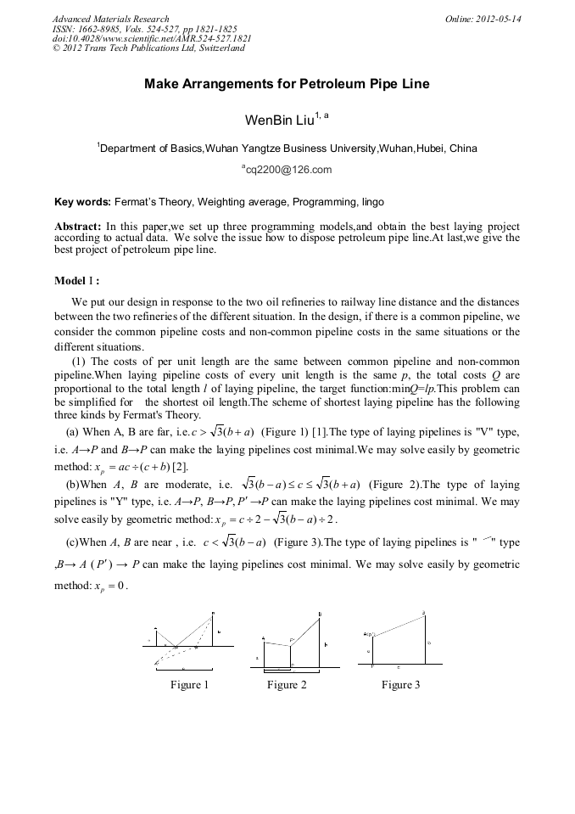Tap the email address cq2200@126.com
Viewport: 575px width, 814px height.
288,170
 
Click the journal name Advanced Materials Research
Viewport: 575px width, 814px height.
110,19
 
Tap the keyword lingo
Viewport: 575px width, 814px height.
371,202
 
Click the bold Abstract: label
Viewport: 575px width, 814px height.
78,227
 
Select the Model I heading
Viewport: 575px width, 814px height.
76,281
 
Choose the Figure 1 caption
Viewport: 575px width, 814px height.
188,685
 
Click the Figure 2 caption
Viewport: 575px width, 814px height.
287,685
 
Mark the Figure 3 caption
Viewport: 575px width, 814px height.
400,685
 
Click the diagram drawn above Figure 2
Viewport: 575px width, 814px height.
293,642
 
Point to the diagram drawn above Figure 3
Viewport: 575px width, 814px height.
399,639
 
